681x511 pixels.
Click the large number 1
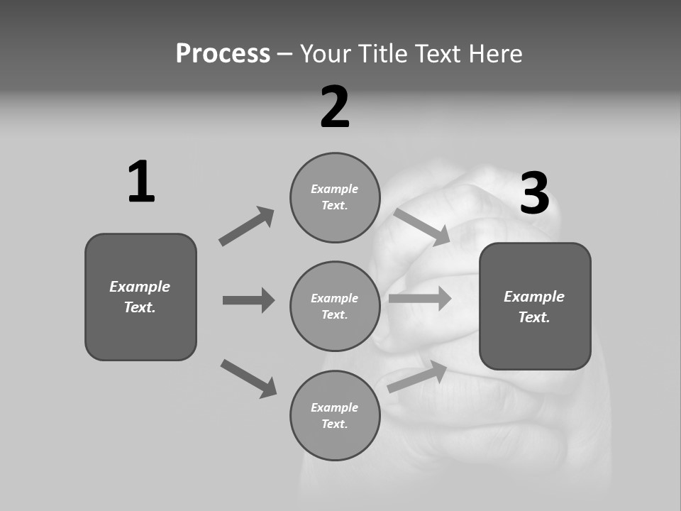(141, 182)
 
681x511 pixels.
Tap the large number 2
(335, 107)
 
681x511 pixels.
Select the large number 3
(534, 193)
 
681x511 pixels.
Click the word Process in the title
(223, 53)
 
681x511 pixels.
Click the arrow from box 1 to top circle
(247, 226)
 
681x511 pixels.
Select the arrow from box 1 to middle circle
(248, 300)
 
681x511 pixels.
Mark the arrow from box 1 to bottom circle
(248, 378)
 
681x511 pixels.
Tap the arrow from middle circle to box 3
(420, 298)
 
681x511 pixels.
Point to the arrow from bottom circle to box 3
(417, 376)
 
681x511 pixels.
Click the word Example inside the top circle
(334, 189)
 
